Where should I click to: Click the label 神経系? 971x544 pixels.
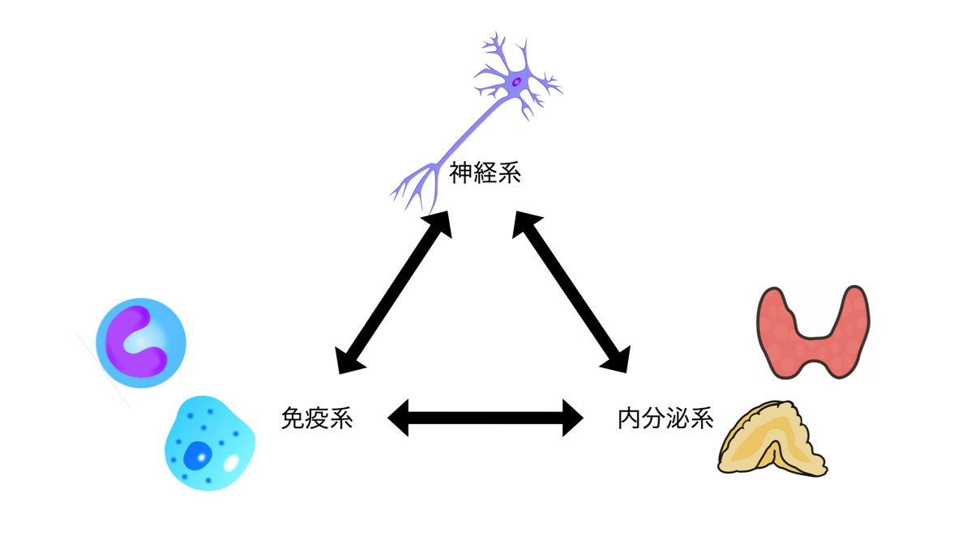[485, 172]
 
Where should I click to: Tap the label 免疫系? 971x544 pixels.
[316, 418]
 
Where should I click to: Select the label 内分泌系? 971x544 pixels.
[665, 418]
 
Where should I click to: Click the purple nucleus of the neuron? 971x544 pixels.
[516, 81]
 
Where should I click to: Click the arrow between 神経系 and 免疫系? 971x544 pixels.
[393, 292]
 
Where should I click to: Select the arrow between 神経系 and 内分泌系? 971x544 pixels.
[571, 292]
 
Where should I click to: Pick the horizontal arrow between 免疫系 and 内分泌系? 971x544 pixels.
[485, 418]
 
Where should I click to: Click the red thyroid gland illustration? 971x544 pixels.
[812, 332]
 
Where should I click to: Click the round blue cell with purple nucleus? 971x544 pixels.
[141, 342]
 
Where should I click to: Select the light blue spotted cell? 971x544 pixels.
[208, 443]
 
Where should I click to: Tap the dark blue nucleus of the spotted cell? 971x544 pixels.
[195, 455]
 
